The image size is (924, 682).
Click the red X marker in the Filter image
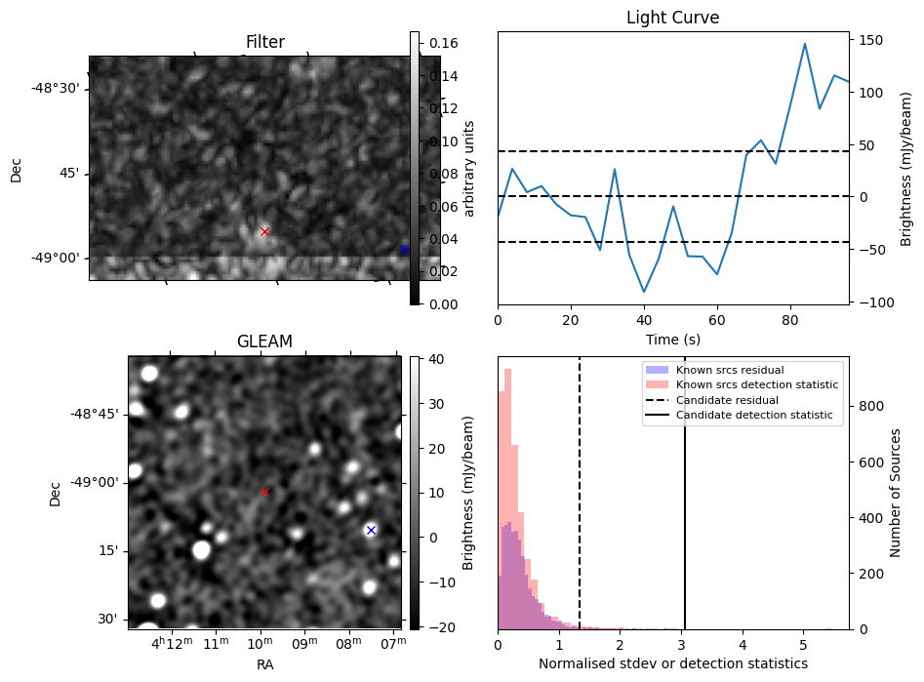click(264, 231)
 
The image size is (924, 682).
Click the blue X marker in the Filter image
click(403, 250)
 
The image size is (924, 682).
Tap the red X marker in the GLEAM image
click(264, 493)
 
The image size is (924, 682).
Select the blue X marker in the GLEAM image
click(371, 530)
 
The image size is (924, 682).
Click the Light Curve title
click(673, 18)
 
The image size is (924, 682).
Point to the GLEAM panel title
click(264, 341)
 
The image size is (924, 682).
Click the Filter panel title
click(264, 42)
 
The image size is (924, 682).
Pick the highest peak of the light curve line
click(805, 44)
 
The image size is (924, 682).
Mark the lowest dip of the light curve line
click(644, 292)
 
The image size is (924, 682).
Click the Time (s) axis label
click(673, 339)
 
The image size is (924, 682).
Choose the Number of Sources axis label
click(896, 493)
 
